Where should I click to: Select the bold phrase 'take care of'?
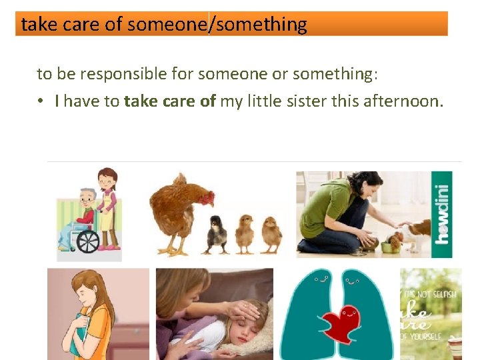coord(169,101)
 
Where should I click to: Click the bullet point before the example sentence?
coord(41,101)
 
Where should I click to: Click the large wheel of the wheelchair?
coord(88,241)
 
